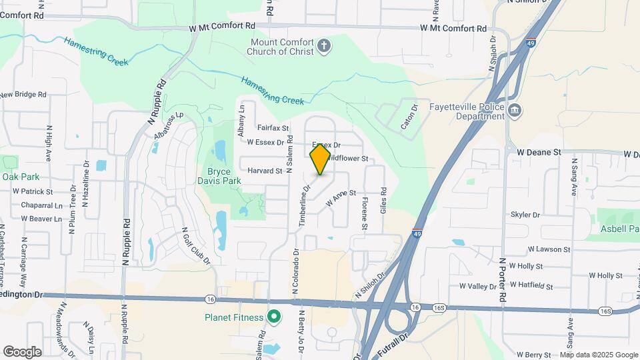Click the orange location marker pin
pos(320,159)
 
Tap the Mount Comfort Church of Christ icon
pos(324,46)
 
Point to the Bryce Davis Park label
pos(219,176)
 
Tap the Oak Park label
pos(21,177)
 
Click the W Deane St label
pos(539,152)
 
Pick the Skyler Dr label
pos(525,215)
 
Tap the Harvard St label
pos(265,171)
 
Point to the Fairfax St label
pos(273,128)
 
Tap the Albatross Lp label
pos(167,125)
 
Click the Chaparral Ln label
pos(41,205)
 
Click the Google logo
pos(22,351)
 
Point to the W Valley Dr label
pos(478,286)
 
